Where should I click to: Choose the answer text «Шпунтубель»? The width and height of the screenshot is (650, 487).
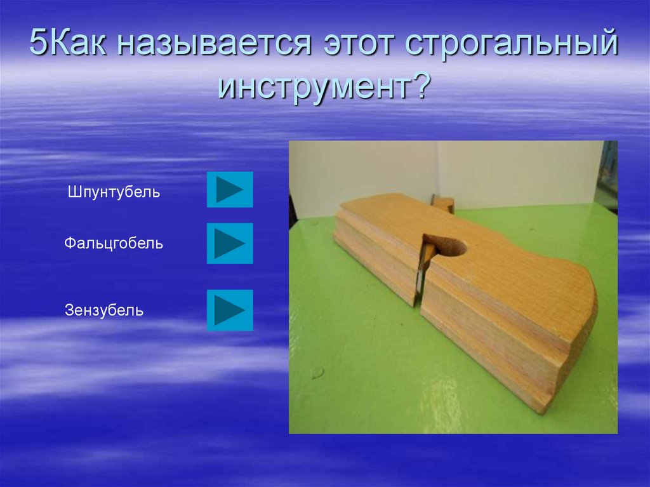114,192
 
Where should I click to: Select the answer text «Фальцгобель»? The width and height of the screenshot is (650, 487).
114,243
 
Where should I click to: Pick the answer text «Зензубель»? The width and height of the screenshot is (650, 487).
104,311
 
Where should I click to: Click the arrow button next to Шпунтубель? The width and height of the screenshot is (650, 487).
230,189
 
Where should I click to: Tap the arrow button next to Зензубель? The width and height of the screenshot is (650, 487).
230,310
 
